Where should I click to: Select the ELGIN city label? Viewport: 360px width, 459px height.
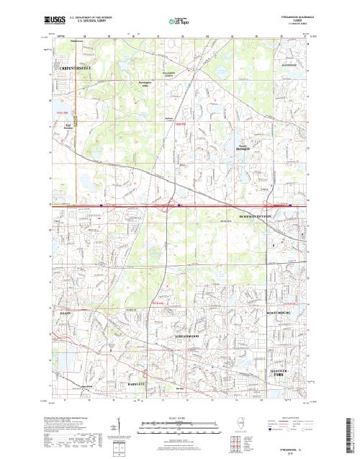point(66,314)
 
